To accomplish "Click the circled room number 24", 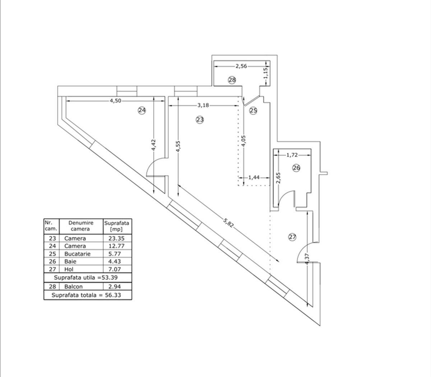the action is point(142,110).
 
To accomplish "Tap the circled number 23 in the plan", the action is point(200,120).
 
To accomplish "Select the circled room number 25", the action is point(253,110).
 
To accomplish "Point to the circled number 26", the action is point(296,168).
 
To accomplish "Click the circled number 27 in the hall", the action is point(292,237).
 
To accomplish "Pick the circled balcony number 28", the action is point(232,80).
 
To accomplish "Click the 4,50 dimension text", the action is point(115,101).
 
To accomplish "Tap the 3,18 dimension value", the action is point(203,105).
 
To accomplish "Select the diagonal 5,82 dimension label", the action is point(228,223).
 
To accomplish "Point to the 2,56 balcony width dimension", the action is point(241,66).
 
